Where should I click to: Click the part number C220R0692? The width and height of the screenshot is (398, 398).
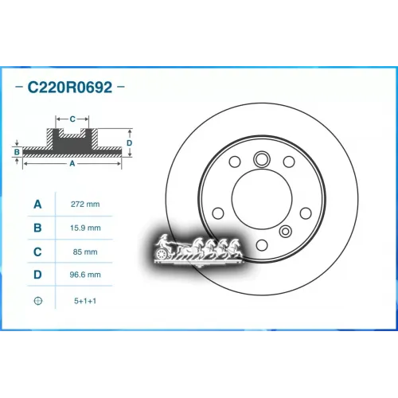(72, 86)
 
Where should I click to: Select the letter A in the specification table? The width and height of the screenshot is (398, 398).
(37, 205)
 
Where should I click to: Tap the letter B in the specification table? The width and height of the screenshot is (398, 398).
(37, 228)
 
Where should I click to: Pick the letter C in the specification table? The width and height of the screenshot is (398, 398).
(37, 252)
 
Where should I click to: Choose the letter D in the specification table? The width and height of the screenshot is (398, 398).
(37, 275)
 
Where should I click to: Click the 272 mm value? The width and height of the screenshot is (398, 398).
(84, 205)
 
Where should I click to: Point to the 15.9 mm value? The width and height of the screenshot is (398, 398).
(84, 228)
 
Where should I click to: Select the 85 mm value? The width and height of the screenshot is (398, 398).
(84, 252)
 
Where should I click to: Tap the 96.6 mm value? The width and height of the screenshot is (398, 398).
(84, 275)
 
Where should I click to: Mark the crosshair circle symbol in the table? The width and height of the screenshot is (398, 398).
(37, 300)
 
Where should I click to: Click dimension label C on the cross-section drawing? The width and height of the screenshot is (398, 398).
(72, 119)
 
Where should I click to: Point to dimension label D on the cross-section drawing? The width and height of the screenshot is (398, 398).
(130, 142)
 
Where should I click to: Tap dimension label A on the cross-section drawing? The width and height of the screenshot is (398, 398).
(72, 163)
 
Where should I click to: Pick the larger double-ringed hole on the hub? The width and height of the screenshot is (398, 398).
(262, 161)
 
